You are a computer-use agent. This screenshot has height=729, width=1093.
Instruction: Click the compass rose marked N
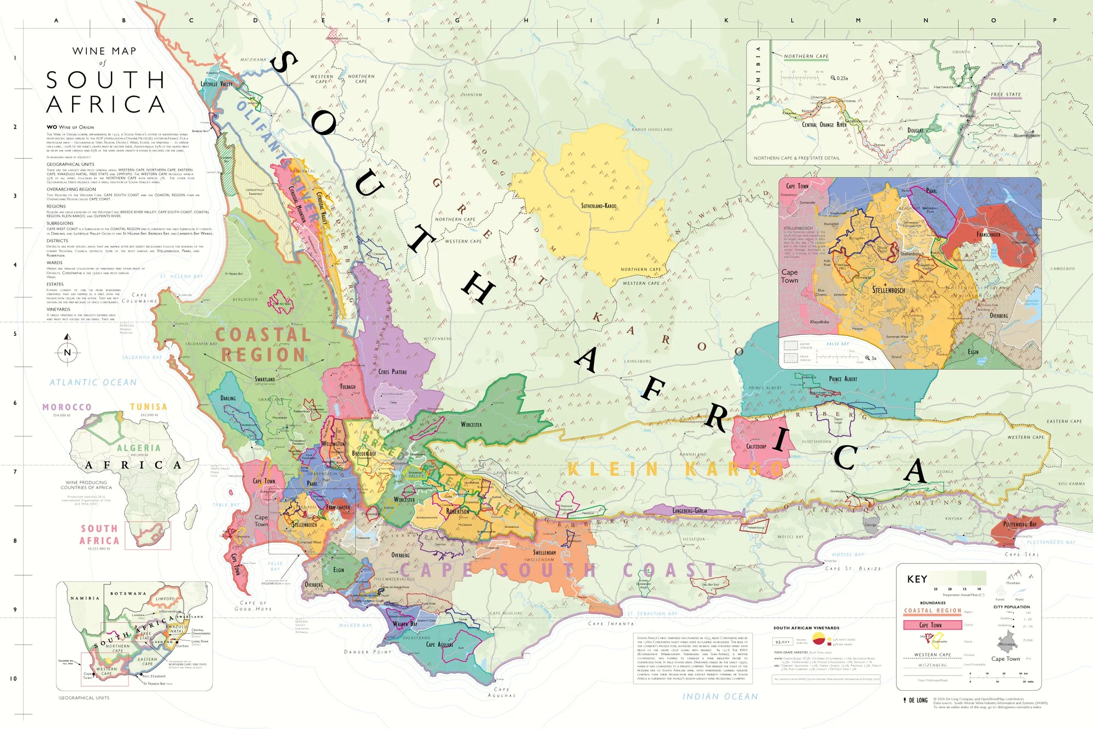[67, 352]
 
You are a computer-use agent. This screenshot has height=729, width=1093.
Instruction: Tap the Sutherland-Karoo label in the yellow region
[598, 206]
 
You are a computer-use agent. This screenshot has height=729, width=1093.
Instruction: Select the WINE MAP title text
[104, 51]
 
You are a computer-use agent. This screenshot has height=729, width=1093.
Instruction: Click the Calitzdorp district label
[756, 446]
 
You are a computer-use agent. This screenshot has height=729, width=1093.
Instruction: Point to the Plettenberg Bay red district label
[1020, 524]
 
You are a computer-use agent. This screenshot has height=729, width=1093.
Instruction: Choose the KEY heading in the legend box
[917, 579]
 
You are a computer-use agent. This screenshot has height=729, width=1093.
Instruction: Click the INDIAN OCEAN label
[720, 696]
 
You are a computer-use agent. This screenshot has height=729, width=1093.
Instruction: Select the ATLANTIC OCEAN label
[93, 382]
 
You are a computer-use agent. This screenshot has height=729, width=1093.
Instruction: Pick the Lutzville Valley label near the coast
[216, 84]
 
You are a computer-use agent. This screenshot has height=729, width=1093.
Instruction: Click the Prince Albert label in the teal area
[843, 379]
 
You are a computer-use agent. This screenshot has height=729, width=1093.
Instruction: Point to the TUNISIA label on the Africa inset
[148, 407]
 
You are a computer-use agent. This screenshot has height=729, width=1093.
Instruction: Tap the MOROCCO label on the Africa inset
[67, 407]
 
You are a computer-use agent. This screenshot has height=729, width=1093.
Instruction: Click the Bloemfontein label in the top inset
[1026, 135]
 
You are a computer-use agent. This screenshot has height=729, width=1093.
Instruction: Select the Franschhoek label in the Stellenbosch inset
[988, 235]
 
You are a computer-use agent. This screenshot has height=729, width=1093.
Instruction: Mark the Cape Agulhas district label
[439, 644]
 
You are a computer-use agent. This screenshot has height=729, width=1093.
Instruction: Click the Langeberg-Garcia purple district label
[690, 510]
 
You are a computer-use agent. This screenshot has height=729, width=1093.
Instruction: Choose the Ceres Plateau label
[392, 372]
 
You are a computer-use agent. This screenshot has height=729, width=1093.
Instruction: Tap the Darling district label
[228, 398]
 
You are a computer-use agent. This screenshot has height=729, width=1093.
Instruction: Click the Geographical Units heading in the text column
[70, 164]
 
